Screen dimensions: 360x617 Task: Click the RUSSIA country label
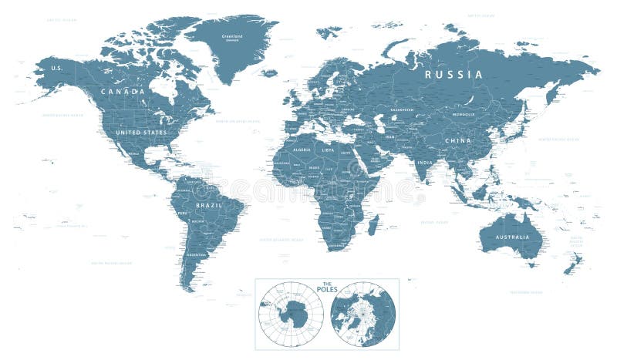coord(454,75)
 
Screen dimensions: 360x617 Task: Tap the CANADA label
coord(122,92)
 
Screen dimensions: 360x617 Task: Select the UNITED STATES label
coord(141,132)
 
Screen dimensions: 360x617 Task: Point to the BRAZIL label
coord(209,206)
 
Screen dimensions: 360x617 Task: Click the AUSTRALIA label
coord(512,237)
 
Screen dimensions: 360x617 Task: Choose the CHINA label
coord(457,140)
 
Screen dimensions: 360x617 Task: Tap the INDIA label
coord(424,163)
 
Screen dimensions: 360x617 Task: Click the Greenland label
coord(232,35)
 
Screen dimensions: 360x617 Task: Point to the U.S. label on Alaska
coord(56,68)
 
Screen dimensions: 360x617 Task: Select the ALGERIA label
coord(302,150)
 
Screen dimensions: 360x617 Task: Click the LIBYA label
coord(329,150)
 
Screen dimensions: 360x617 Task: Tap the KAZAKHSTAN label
coord(401,109)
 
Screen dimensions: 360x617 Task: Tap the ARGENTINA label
coord(197,254)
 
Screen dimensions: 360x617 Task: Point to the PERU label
coord(183,212)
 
